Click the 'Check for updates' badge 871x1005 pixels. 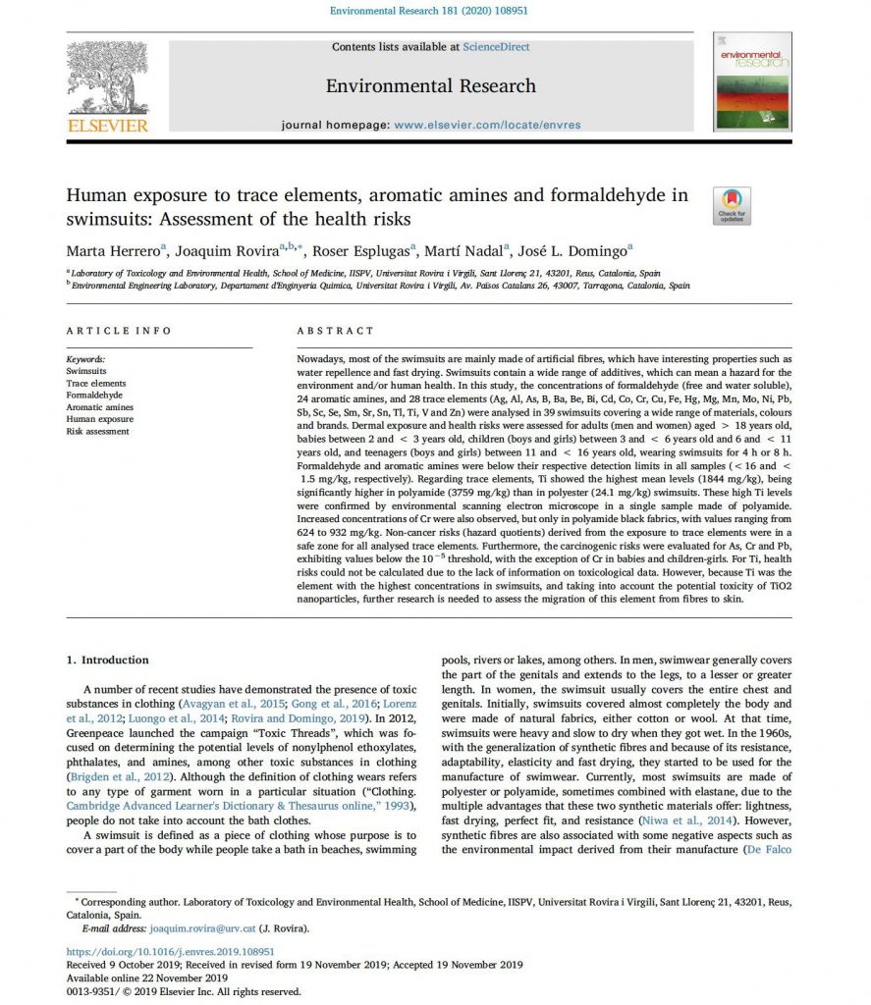point(732,205)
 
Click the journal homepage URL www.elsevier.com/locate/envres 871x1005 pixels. point(486,126)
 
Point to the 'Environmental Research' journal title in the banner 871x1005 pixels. point(431,86)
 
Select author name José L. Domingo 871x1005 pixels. point(580,250)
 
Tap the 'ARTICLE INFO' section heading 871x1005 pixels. point(119,331)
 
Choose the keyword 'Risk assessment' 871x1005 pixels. point(98,431)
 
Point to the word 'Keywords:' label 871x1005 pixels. point(85,360)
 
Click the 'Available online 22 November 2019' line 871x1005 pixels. point(147,978)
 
